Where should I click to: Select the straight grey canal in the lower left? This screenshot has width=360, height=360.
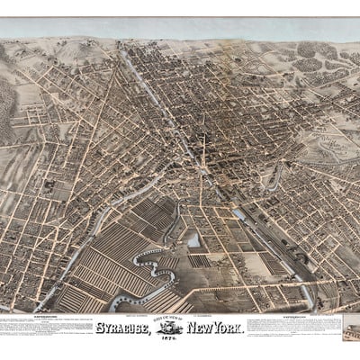[x=63, y=270]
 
